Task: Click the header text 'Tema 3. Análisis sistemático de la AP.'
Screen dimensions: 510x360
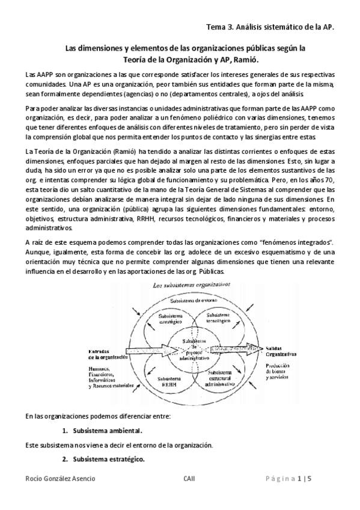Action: (269, 28)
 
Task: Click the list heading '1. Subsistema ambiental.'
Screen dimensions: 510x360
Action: (107, 431)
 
